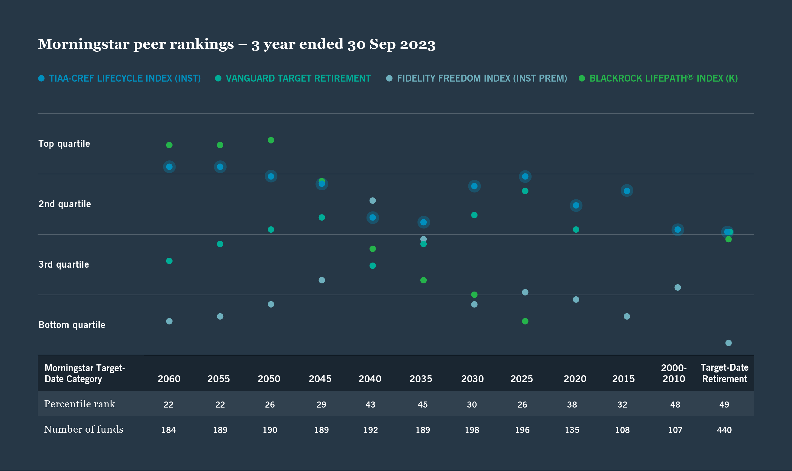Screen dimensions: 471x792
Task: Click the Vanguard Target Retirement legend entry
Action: pyautogui.click(x=298, y=78)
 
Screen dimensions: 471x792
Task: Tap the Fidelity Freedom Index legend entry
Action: pyautogui.click(x=482, y=78)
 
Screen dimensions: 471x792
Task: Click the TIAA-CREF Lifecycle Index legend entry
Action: pyautogui.click(x=124, y=78)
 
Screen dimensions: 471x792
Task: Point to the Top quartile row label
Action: pyautogui.click(x=64, y=144)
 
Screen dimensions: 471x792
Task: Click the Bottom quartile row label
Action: pyautogui.click(x=72, y=325)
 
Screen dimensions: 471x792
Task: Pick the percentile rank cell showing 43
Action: pyautogui.click(x=370, y=405)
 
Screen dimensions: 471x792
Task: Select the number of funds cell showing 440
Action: pyautogui.click(x=724, y=430)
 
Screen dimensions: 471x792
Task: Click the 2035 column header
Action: pyautogui.click(x=421, y=379)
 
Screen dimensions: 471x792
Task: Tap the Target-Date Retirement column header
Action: pyautogui.click(x=724, y=373)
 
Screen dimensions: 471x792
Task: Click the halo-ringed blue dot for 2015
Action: pyautogui.click(x=627, y=191)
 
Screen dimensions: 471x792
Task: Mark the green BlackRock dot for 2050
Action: pyautogui.click(x=271, y=140)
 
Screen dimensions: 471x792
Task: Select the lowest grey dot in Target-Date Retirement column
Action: pyautogui.click(x=729, y=343)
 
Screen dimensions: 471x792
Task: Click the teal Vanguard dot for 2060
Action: pyautogui.click(x=169, y=261)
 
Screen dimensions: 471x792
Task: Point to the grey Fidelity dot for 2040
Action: pyautogui.click(x=373, y=201)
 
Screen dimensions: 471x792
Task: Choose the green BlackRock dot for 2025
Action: pyautogui.click(x=525, y=321)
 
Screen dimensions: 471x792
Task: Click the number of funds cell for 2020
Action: pyautogui.click(x=572, y=430)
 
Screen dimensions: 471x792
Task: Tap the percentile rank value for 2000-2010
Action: pyautogui.click(x=675, y=405)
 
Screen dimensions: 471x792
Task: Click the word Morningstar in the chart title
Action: pyautogui.click(x=83, y=44)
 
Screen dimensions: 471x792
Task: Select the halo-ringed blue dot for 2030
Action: pyautogui.click(x=474, y=186)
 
